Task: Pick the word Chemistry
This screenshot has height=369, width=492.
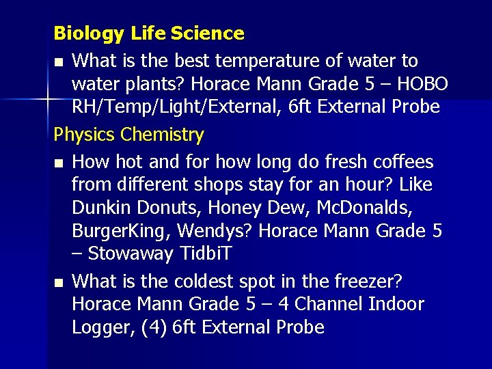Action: click(162, 135)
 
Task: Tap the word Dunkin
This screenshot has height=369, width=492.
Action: click(105, 208)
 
